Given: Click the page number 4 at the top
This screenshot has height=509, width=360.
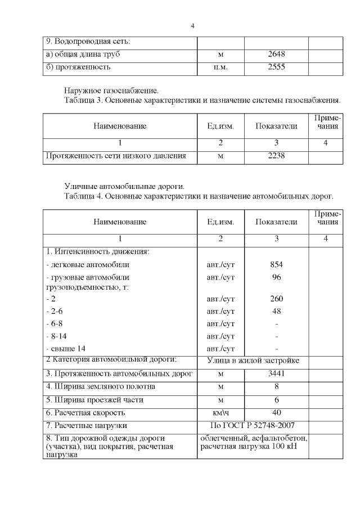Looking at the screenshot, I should tap(192, 26).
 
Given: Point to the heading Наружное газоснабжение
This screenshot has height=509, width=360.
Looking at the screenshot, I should tap(111, 90).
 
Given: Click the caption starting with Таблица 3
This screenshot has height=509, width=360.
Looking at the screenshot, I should tap(202, 100).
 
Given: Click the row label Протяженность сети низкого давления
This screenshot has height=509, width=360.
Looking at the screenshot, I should tap(115, 156).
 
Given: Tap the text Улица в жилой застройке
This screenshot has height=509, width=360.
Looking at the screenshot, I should tap(253, 360).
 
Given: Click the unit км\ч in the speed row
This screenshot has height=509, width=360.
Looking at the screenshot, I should tap(220, 413).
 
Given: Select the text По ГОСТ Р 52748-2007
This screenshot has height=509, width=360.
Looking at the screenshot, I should tap(252, 426).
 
